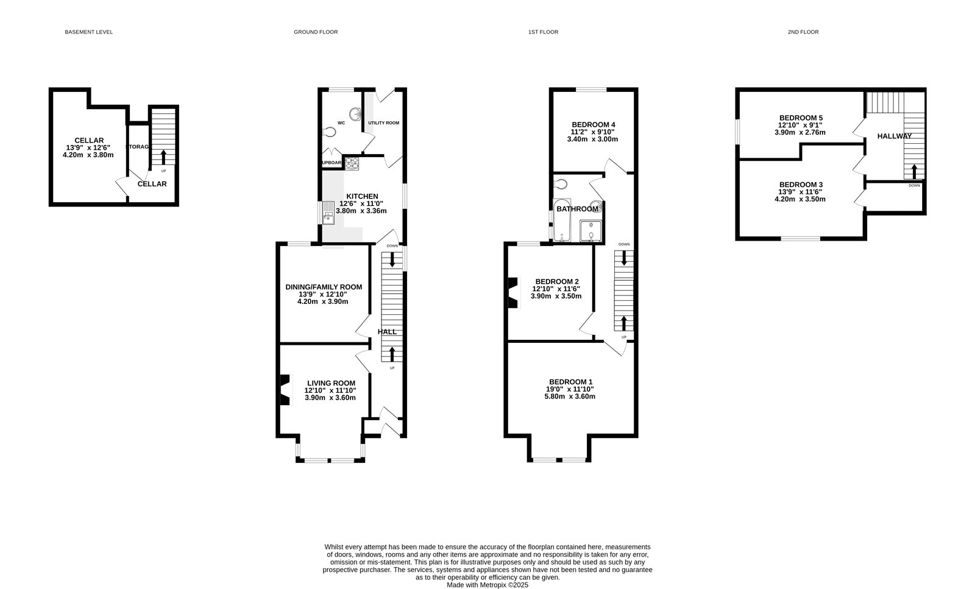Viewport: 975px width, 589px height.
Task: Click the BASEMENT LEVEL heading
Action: pos(88,32)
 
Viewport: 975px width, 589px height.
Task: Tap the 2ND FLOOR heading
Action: pos(803,32)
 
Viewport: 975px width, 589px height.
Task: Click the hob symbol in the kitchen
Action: pos(352,163)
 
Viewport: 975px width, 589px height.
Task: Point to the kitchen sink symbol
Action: pos(328,213)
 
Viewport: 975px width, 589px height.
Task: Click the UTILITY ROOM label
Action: pos(383,123)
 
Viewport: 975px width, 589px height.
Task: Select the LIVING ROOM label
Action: pos(331,383)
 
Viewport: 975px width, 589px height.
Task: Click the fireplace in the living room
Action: pos(285,390)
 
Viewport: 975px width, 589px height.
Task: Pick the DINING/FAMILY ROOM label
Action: pos(324,287)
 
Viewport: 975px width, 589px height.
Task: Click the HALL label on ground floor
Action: pos(387,332)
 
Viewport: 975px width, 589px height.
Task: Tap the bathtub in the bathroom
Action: pos(561,221)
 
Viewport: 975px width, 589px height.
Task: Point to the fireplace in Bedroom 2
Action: pos(513,292)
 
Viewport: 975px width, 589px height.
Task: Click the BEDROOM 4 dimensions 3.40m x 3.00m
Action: pos(592,139)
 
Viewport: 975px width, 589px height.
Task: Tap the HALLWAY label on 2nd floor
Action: pos(894,136)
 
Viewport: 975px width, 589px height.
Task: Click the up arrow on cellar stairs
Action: pos(163,157)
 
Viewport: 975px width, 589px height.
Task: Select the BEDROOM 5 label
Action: pos(801,118)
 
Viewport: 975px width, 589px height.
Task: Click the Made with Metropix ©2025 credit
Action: pos(487,585)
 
